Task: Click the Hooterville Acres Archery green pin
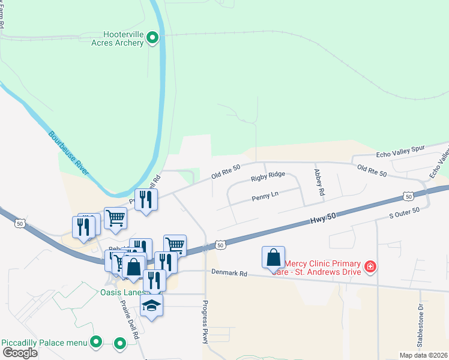(x=152, y=39)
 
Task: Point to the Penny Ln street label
(x=265, y=194)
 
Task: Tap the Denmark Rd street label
(x=229, y=272)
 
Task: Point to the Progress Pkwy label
(x=206, y=321)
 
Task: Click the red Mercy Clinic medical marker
(x=370, y=266)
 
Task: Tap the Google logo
(x=20, y=353)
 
